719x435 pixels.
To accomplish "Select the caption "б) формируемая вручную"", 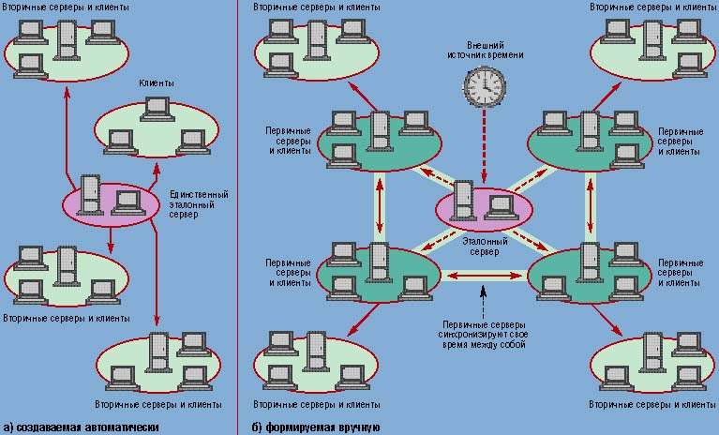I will [315, 427].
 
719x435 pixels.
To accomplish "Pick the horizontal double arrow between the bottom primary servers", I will [484, 276].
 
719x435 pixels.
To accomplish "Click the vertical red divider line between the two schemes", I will [237, 216].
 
